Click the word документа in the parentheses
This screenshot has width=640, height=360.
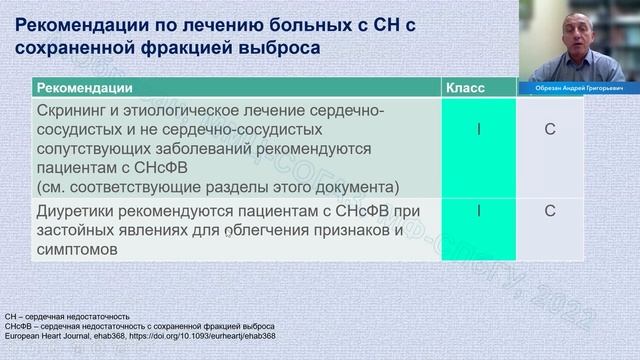coord(352,187)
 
